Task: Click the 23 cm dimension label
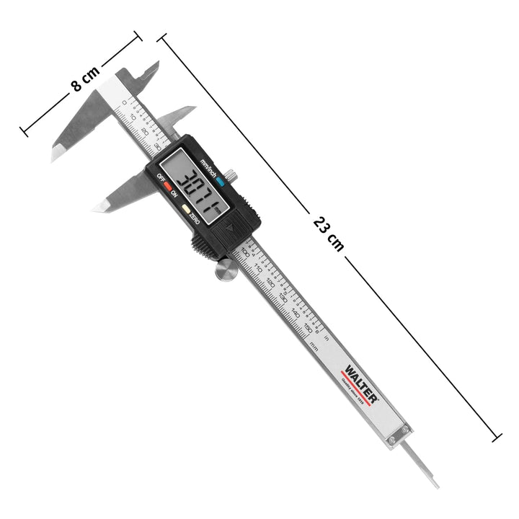point(329,232)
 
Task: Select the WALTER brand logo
point(358,381)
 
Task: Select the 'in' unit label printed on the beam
point(326,336)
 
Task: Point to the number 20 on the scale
point(145,132)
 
